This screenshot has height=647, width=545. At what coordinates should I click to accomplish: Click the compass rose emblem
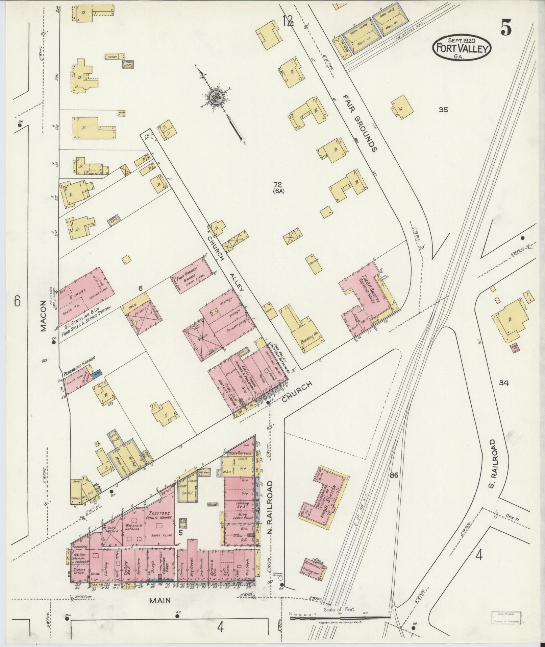(215, 98)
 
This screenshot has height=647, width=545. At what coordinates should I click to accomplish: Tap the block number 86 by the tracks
(394, 475)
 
